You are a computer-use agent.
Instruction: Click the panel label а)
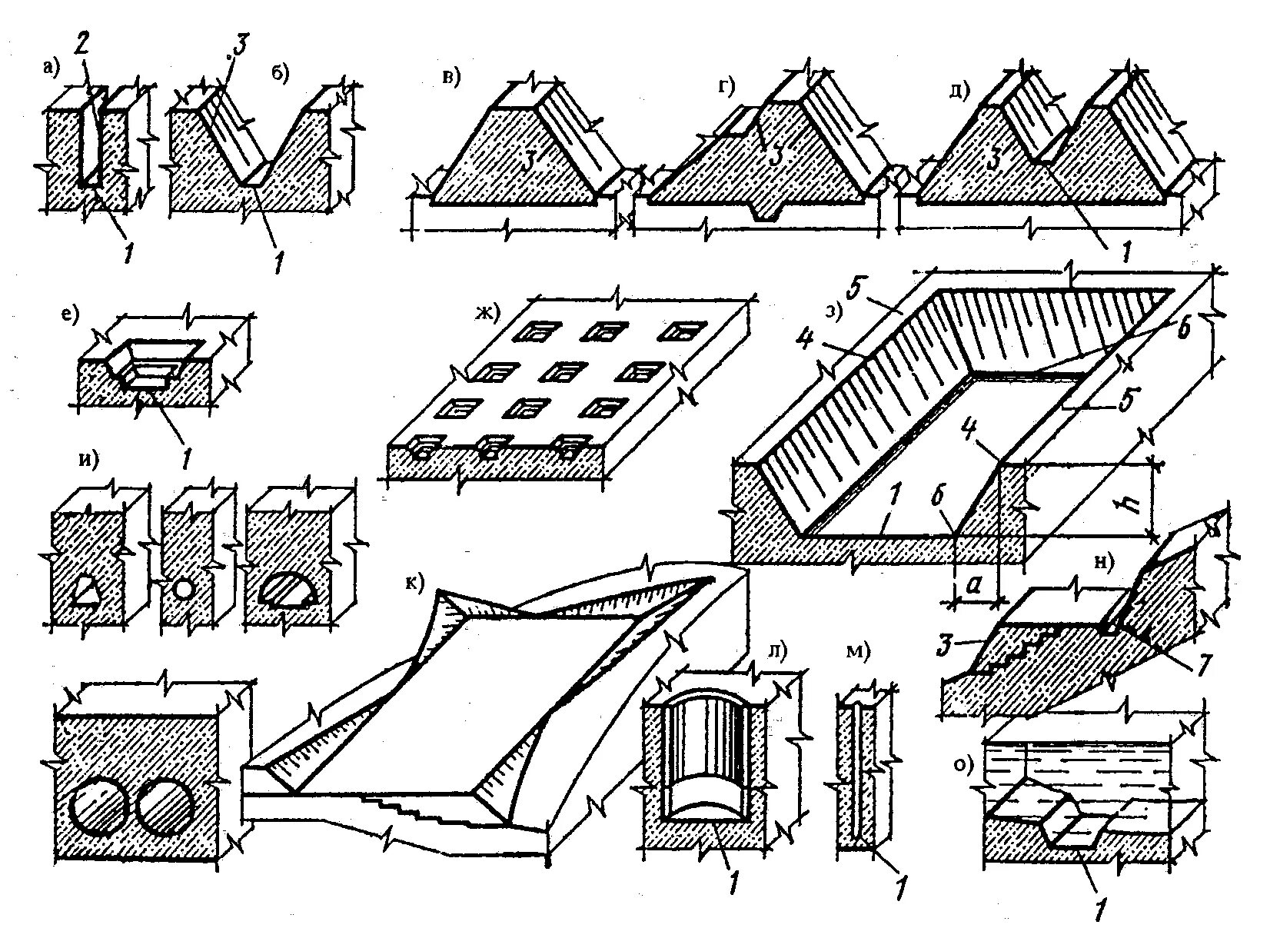(x=51, y=68)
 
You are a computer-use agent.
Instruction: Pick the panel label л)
(x=776, y=650)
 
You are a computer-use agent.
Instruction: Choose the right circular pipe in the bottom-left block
(x=168, y=810)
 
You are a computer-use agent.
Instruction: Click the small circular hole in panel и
(x=183, y=590)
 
